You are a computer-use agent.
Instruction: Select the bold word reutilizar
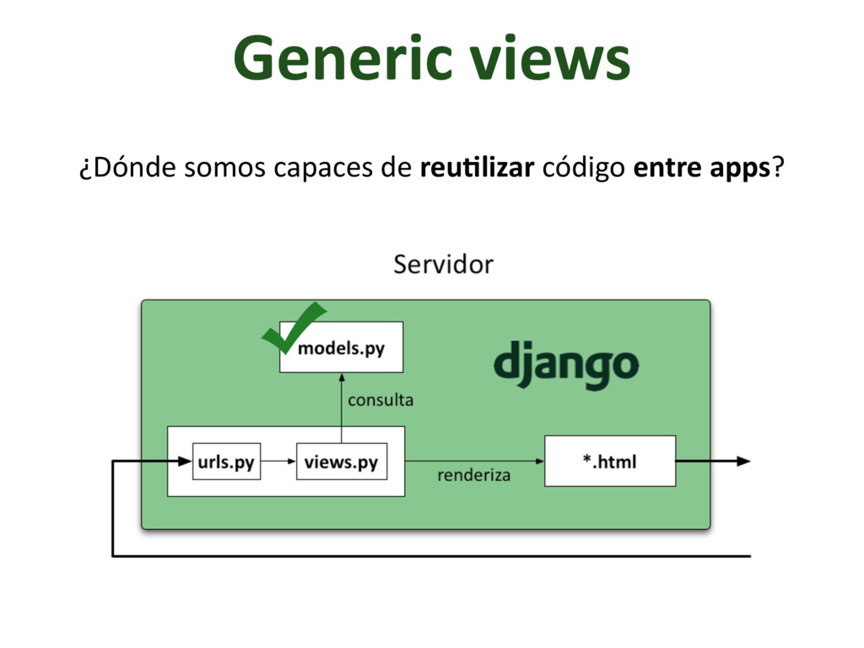click(476, 168)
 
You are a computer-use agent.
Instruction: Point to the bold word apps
click(742, 169)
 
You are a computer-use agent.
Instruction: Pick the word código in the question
click(582, 169)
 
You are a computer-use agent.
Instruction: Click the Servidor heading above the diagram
click(443, 265)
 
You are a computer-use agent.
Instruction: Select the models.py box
click(341, 347)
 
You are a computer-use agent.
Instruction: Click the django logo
click(565, 364)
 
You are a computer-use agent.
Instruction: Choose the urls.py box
click(226, 462)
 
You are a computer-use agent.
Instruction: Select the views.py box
click(341, 462)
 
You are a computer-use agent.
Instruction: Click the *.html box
click(609, 461)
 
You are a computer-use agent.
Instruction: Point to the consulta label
click(381, 400)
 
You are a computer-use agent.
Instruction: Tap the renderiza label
click(473, 475)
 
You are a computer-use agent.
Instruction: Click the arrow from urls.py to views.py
click(278, 462)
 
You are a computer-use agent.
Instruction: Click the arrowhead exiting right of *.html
click(742, 461)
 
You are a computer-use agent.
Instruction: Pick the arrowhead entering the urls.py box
click(185, 461)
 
